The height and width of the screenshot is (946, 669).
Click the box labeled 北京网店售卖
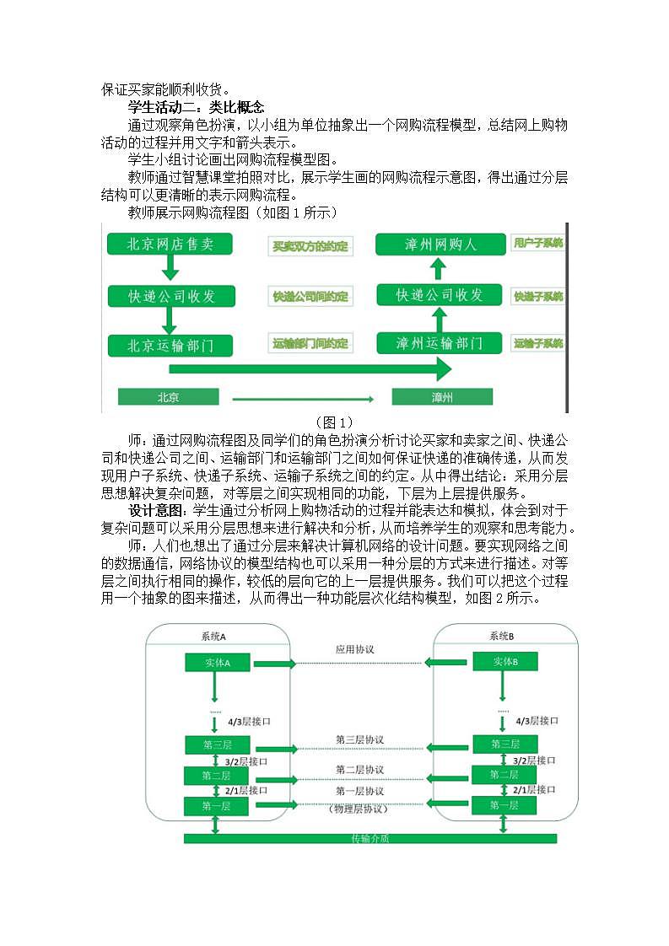170,245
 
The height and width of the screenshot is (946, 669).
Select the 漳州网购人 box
440,245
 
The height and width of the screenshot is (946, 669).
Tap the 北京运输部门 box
170,345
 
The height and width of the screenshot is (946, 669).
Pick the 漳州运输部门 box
440,343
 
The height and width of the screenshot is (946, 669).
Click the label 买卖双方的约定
310,246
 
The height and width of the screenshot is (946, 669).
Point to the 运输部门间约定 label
310,344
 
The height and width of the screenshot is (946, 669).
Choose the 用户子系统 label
538,244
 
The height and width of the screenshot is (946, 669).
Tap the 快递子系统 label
538,296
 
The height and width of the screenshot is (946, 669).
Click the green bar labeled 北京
169,396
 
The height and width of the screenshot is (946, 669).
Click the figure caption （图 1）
334,422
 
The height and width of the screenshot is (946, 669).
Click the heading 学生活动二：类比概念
196,107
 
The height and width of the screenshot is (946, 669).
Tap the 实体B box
504,662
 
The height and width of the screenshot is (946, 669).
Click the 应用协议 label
354,650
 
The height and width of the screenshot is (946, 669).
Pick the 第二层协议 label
359,770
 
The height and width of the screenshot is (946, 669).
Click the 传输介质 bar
370,838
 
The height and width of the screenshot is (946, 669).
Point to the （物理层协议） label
359,809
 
